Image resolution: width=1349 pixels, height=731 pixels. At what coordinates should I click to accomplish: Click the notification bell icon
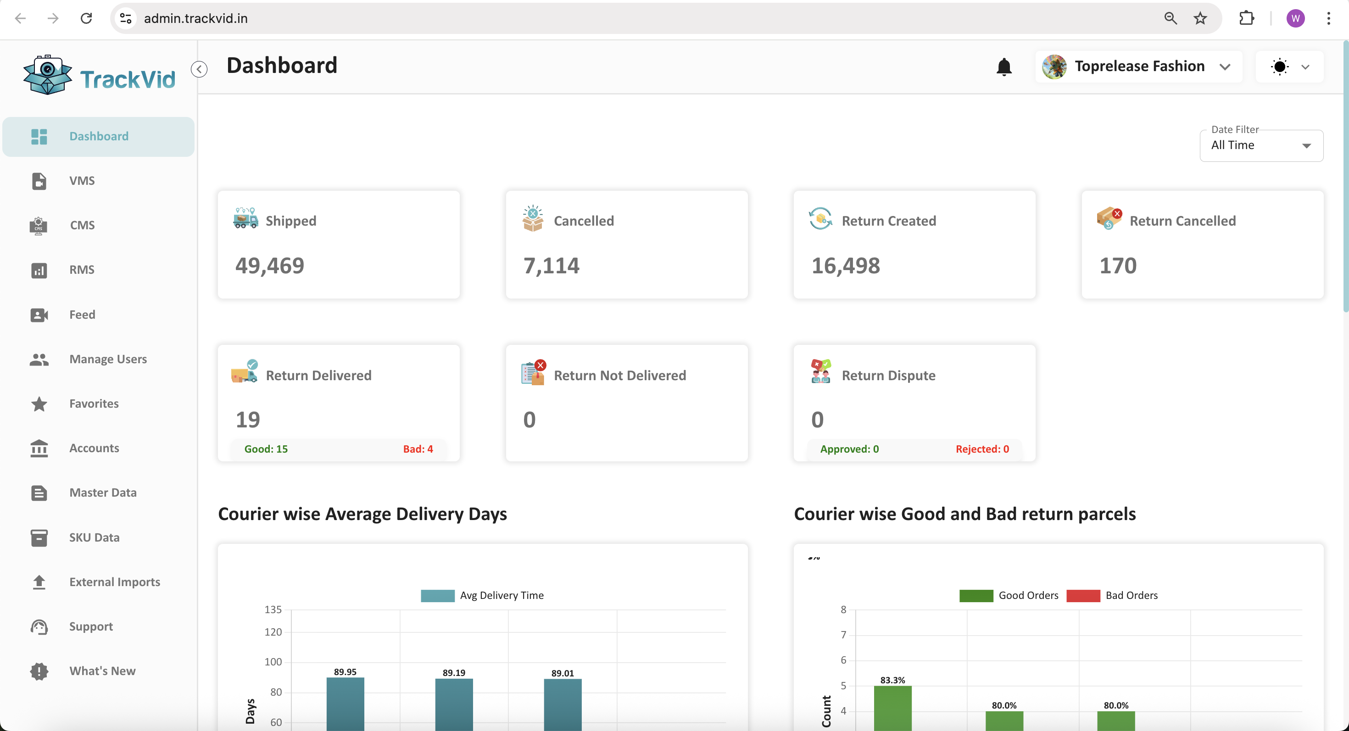tap(1003, 67)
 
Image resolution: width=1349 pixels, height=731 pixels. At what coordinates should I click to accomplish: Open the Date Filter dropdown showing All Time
tap(1261, 145)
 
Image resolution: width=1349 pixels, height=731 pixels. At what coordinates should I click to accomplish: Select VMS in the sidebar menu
tap(82, 181)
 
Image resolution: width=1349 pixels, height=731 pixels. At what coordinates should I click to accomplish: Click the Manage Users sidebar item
tap(108, 359)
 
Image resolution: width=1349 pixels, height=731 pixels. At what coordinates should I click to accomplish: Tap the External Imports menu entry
tap(115, 582)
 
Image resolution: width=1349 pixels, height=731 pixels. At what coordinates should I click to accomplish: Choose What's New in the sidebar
tap(102, 671)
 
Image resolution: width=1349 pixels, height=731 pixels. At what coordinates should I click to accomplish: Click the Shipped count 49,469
tap(270, 265)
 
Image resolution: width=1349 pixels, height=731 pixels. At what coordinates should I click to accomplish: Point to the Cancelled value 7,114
tap(551, 265)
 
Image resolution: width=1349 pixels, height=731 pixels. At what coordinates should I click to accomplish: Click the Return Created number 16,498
tap(845, 265)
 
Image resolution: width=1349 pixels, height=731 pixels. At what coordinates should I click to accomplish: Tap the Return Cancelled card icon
tap(1109, 219)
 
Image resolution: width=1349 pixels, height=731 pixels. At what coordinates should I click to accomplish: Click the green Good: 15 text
tap(266, 449)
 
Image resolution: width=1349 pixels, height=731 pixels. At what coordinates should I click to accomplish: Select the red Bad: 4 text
tap(418, 449)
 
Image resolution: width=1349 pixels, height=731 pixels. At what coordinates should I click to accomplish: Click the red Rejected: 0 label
tap(982, 449)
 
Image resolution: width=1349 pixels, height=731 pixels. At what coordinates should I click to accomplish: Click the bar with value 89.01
tap(563, 704)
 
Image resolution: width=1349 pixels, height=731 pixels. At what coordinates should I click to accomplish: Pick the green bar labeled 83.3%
tap(892, 708)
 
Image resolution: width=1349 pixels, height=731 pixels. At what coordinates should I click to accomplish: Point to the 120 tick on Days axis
tap(273, 632)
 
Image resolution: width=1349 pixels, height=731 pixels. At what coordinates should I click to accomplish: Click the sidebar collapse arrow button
tap(199, 69)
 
